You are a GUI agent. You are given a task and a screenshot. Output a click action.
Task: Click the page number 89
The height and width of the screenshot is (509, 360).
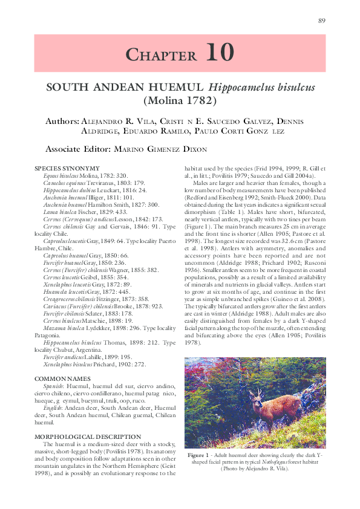[322, 21]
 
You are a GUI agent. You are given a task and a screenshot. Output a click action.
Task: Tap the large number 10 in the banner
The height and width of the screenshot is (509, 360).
[219, 53]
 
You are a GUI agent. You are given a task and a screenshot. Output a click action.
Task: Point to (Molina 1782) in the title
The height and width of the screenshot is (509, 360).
[180, 100]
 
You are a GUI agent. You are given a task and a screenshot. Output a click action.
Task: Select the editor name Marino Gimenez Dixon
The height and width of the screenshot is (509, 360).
[162, 149]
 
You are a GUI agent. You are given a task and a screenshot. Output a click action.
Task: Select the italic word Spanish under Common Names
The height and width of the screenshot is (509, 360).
[52, 385]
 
